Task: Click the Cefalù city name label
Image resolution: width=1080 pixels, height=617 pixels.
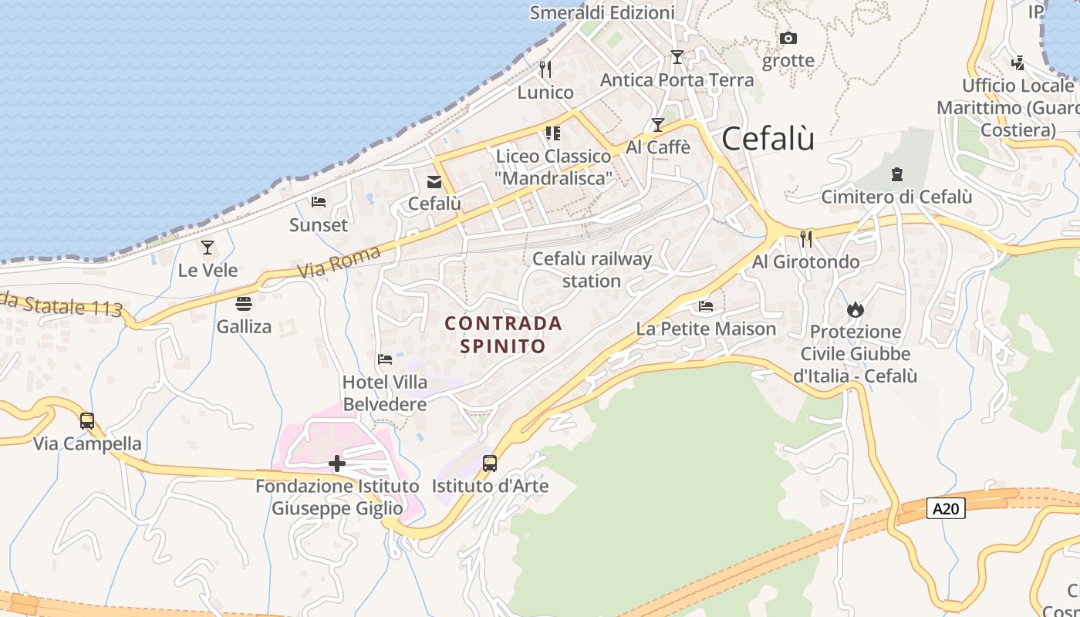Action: point(768,140)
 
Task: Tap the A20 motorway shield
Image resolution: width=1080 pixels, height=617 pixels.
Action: point(946,508)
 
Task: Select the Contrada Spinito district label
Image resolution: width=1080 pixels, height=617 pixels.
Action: point(504,334)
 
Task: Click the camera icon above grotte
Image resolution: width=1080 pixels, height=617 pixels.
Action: point(788,38)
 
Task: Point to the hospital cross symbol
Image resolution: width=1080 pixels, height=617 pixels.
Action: point(337,464)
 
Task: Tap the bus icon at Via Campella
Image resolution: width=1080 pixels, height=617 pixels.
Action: point(87,421)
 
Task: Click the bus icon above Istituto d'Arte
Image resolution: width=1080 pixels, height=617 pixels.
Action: point(490,464)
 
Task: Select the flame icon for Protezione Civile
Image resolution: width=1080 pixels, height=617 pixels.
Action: point(855,309)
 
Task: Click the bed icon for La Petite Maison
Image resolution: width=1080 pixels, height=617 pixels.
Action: point(706,306)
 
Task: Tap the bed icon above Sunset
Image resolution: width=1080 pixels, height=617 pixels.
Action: point(319,202)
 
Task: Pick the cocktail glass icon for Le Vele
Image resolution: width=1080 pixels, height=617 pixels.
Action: point(208,248)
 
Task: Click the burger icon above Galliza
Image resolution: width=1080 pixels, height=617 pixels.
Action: point(244,304)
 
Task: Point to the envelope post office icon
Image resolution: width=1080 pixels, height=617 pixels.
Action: point(434,181)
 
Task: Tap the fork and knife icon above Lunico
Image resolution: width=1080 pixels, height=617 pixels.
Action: point(545,69)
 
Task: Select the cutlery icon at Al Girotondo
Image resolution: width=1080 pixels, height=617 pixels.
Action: point(806,239)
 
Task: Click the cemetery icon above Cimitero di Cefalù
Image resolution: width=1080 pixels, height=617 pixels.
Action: point(896,174)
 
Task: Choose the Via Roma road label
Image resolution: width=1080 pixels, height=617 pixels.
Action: point(339,261)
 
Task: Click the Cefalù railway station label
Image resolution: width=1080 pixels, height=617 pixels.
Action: point(592,269)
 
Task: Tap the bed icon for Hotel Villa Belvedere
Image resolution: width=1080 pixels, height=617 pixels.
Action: point(385,359)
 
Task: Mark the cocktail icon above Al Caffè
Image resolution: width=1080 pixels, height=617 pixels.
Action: point(658,125)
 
